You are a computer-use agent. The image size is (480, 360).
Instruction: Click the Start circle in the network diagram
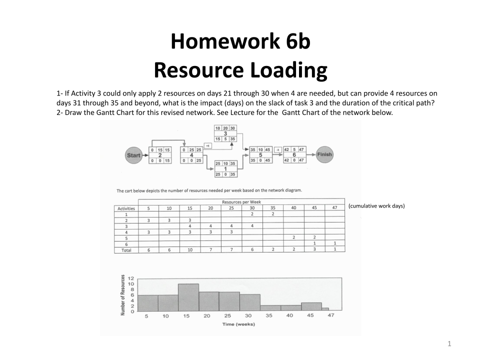click(133, 155)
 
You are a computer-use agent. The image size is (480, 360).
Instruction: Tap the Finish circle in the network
click(324, 154)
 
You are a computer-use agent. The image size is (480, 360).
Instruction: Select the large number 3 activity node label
click(225, 133)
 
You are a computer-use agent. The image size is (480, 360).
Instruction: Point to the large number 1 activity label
click(225, 168)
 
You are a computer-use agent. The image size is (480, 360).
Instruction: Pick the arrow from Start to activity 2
click(145, 155)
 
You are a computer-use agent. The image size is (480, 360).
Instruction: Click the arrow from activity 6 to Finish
click(311, 154)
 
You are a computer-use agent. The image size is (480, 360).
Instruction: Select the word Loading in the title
click(284, 70)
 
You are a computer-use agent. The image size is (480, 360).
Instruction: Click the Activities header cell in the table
click(126, 208)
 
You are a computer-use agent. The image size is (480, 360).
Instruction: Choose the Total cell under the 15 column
click(189, 249)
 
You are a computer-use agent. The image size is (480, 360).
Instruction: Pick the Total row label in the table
click(126, 250)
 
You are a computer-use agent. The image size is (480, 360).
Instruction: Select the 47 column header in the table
click(334, 208)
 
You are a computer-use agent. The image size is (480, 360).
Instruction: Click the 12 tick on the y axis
click(131, 277)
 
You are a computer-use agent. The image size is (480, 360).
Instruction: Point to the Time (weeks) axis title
click(238, 324)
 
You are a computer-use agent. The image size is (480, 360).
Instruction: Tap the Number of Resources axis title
click(122, 295)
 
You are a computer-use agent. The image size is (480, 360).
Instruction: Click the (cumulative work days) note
click(376, 206)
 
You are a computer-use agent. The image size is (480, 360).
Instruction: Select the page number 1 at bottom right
click(449, 343)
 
